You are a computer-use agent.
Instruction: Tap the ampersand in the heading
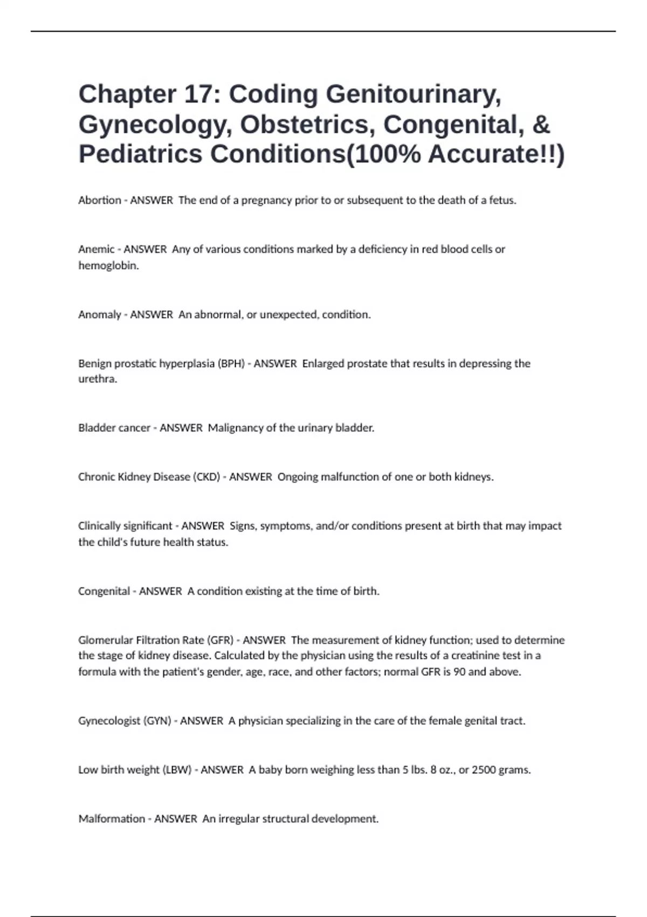(541, 125)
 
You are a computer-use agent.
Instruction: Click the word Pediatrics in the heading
(140, 154)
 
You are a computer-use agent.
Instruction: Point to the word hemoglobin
(108, 265)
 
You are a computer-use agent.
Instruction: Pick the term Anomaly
(99, 314)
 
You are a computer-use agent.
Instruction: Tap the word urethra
(97, 379)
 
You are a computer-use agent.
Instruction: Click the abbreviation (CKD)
(207, 477)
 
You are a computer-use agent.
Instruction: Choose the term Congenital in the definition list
(104, 591)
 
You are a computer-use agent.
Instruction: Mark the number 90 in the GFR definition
(459, 672)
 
